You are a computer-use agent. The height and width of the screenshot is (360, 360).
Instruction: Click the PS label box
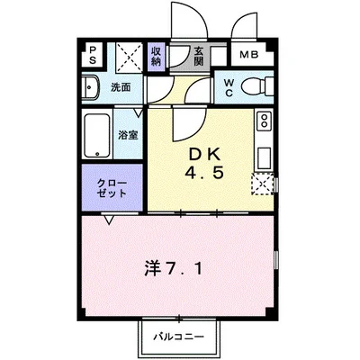(93, 55)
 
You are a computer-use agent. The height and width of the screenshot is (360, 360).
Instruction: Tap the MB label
(249, 56)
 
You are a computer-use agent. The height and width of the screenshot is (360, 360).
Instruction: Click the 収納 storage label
(157, 57)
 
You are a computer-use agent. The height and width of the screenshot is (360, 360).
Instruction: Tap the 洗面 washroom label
(121, 88)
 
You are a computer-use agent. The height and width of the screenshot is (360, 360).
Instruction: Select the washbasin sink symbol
(92, 89)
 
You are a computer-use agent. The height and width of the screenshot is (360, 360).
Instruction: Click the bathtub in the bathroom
(96, 134)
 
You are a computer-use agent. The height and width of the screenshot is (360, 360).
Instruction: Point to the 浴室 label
(128, 135)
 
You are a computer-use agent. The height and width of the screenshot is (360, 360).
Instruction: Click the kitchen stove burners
(263, 120)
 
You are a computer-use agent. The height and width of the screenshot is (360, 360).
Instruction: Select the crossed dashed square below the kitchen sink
(262, 185)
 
